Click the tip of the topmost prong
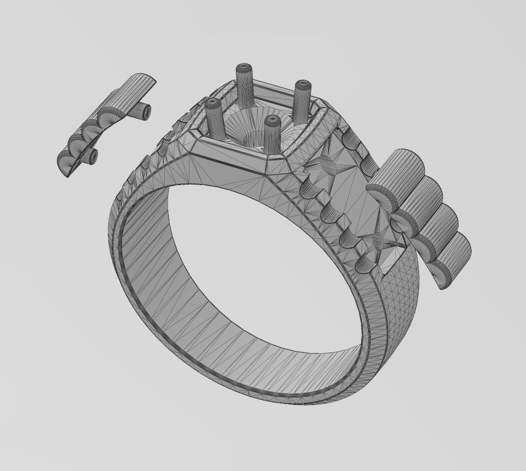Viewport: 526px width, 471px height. pyautogui.click(x=245, y=68)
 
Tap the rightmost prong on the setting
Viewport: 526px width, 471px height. pyautogui.click(x=303, y=96)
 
